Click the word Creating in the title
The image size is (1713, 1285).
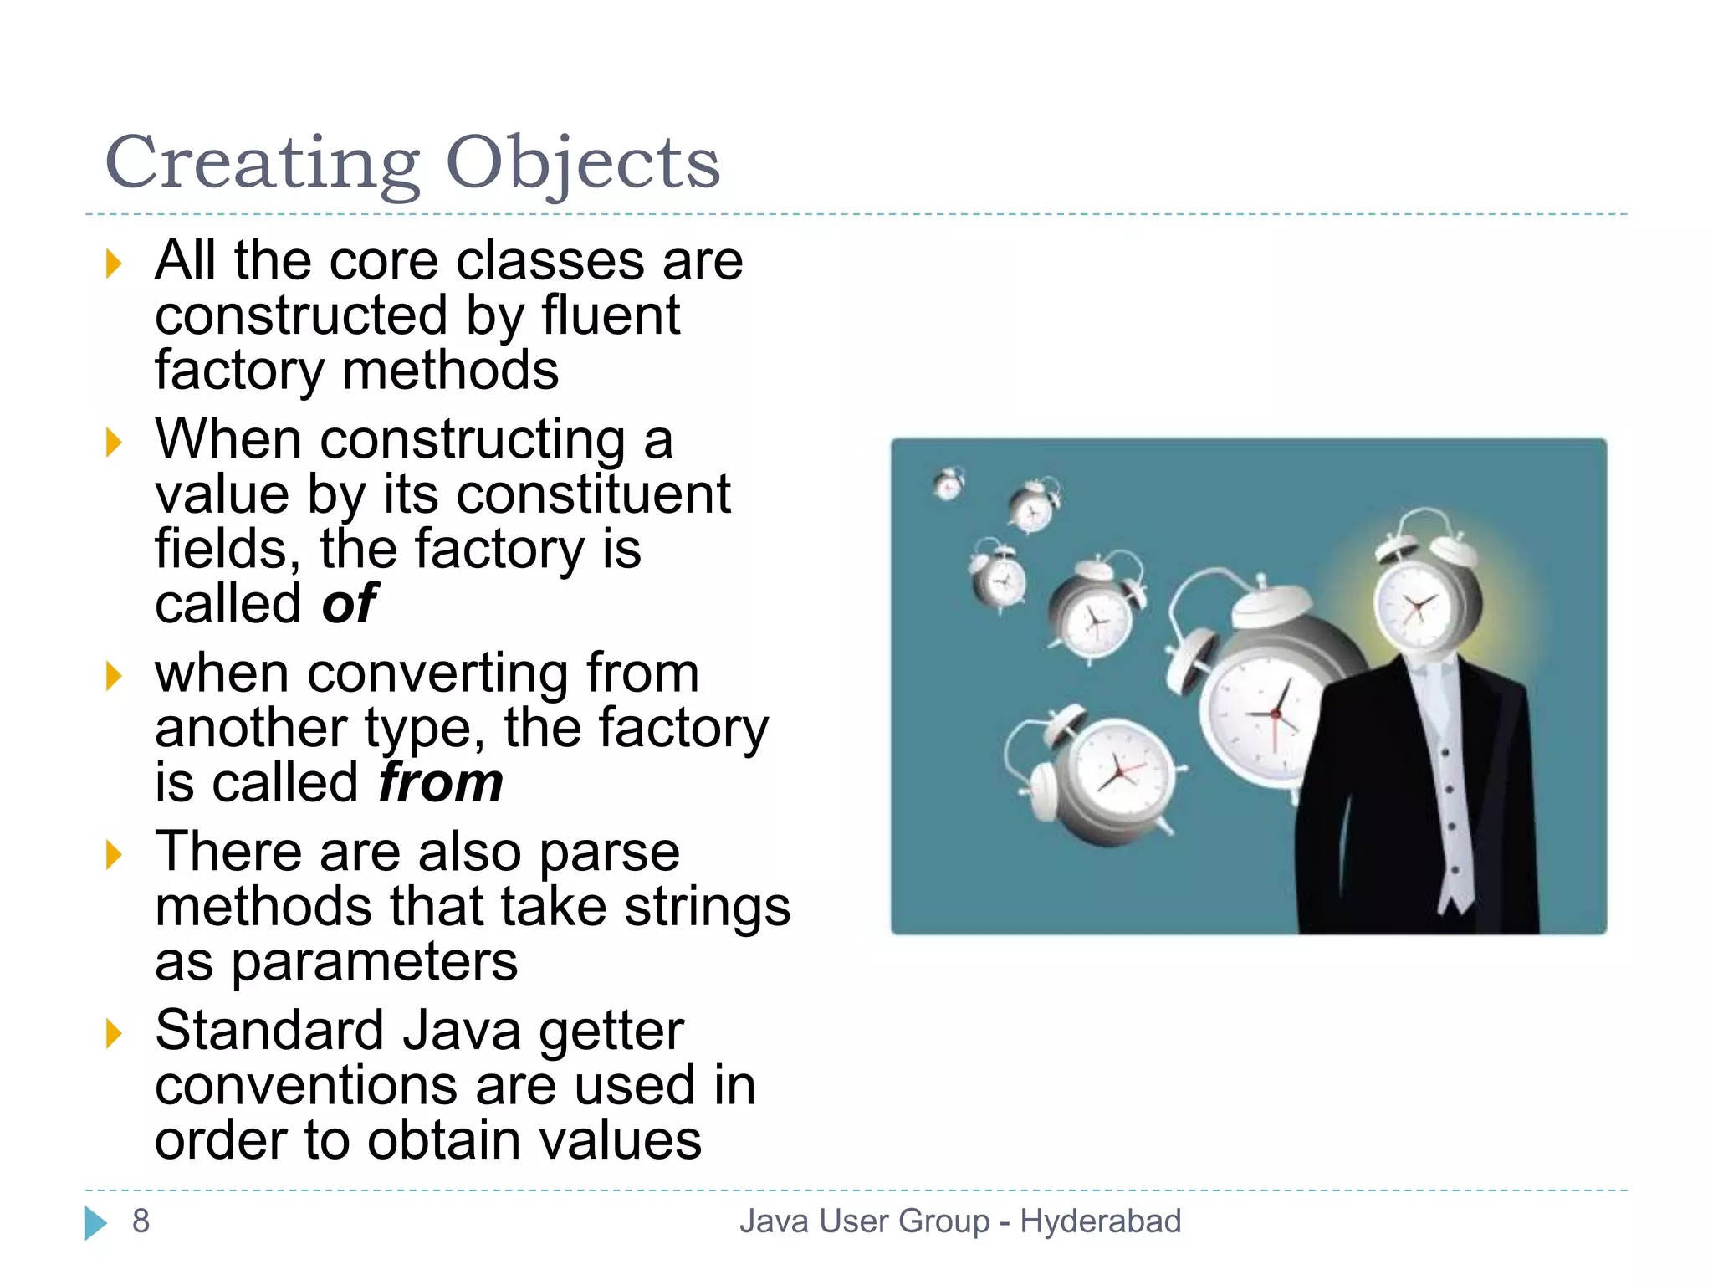click(262, 163)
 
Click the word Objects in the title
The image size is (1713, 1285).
click(582, 163)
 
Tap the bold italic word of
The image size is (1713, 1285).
click(349, 604)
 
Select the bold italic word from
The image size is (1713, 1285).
click(441, 783)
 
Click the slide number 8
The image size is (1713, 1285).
click(141, 1221)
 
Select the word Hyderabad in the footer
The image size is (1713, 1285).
click(1100, 1221)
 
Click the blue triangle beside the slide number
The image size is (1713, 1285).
click(95, 1223)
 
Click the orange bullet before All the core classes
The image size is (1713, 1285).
click(114, 264)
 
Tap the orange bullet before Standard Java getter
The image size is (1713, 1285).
click(114, 1034)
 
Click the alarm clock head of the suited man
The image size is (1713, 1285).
click(1419, 598)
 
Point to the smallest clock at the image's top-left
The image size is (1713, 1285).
click(949, 484)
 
